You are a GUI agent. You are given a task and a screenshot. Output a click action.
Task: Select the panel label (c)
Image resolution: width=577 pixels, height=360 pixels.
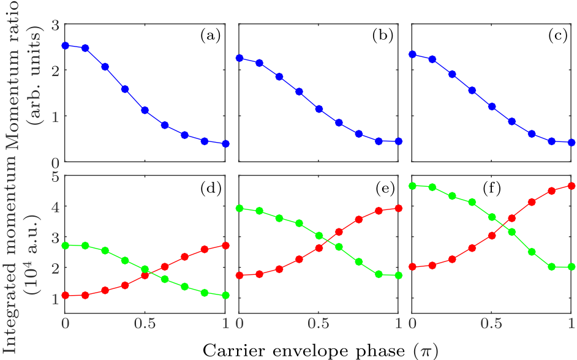557,36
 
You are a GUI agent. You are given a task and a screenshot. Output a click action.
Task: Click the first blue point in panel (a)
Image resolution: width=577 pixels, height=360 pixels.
65,45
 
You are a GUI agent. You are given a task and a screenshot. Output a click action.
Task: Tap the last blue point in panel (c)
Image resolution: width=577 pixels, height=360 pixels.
571,142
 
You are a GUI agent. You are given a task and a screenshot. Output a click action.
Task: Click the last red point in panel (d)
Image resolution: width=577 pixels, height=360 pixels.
225,245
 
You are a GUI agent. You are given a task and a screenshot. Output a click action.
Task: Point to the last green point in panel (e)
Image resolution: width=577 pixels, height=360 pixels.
399,276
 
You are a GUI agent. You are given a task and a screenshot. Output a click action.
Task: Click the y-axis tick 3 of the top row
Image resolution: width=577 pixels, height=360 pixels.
55,24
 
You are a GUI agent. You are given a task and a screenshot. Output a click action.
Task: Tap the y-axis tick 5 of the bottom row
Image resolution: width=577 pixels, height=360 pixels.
55,176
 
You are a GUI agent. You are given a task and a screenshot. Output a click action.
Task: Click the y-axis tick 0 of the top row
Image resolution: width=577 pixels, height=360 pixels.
55,162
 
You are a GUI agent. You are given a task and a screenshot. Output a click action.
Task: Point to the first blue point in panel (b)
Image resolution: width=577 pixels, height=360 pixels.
239,58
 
